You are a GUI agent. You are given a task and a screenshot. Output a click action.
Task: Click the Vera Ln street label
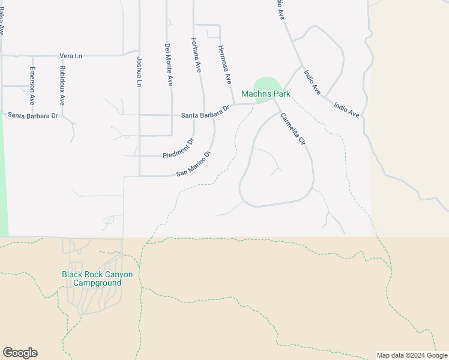point(71,56)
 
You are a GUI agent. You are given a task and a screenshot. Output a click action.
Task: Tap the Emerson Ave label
point(32,86)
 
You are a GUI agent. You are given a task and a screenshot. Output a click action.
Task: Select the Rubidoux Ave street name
point(62,86)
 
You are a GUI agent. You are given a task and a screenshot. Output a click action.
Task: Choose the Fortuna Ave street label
point(196,56)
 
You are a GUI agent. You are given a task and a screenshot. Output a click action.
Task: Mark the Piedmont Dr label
point(179,149)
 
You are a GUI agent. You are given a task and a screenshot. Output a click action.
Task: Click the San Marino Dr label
point(194,164)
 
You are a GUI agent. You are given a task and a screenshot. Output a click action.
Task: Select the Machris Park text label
point(266,94)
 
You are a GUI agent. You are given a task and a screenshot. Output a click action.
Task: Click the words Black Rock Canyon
point(97,274)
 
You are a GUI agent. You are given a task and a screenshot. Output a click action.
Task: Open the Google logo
point(20,353)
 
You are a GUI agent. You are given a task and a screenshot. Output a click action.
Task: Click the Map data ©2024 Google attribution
point(411,355)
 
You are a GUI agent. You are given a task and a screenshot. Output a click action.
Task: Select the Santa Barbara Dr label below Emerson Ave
point(33,115)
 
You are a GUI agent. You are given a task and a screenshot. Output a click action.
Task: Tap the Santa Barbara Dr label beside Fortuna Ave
point(205,112)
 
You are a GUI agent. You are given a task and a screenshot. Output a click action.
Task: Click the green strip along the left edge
point(4,180)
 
